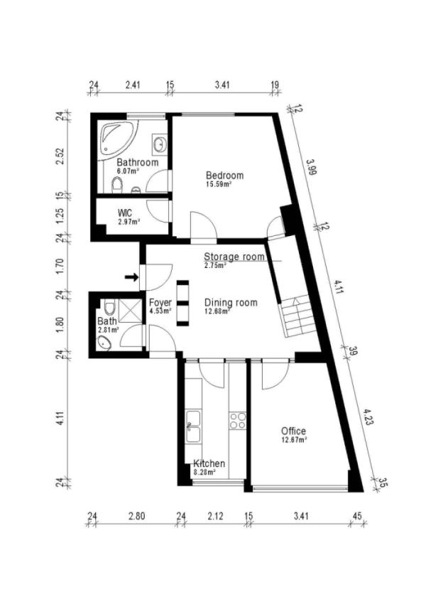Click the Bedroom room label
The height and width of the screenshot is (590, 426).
224,176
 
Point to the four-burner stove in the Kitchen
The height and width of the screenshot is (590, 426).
237,420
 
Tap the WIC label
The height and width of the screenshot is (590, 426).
126,213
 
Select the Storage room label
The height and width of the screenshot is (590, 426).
234,257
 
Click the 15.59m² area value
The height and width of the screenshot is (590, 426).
219,184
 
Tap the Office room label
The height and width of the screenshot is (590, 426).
293,431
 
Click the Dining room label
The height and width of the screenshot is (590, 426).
231,303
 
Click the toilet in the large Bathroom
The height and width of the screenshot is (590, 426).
118,185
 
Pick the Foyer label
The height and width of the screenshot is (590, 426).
160,303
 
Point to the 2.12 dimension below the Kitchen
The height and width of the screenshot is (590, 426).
214,516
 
